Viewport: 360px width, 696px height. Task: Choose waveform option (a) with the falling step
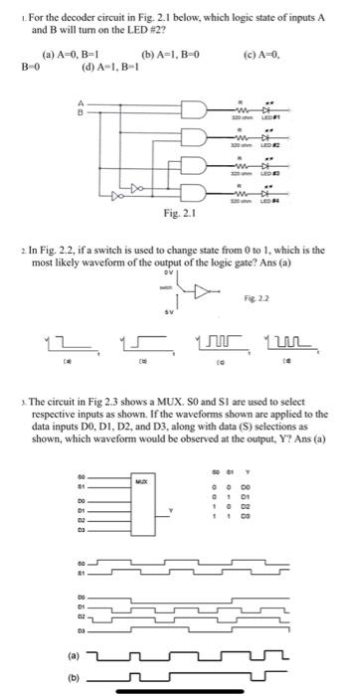click(x=68, y=317)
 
